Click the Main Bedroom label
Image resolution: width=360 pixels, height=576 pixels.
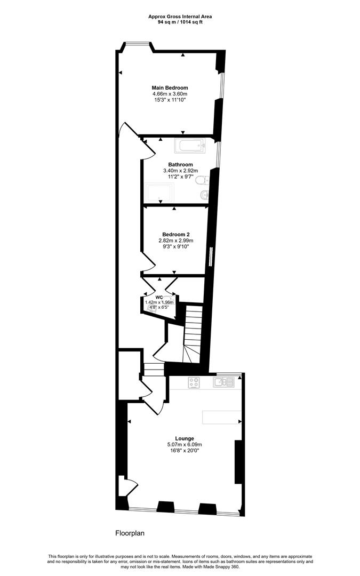click(170, 88)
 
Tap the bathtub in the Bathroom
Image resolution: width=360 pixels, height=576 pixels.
click(190, 146)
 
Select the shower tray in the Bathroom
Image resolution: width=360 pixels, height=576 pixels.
click(160, 193)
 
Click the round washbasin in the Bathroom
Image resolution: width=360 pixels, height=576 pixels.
click(205, 195)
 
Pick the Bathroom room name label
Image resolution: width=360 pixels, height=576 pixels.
click(180, 165)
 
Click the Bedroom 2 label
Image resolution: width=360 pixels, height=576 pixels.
click(176, 234)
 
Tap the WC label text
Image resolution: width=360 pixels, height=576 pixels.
click(159, 297)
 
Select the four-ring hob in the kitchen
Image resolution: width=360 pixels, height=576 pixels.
click(194, 382)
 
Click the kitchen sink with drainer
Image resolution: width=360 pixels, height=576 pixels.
click(223, 382)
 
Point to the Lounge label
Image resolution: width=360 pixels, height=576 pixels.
click(185, 438)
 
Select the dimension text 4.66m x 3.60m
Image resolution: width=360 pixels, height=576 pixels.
click(170, 94)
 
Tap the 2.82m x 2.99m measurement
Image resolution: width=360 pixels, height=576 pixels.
click(176, 240)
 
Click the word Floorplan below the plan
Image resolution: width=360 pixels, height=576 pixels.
click(130, 533)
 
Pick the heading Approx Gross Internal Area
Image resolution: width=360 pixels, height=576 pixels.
click(180, 17)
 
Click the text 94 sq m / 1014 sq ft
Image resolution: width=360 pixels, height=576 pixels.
click(180, 22)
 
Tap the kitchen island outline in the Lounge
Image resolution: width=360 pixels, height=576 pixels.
click(222, 417)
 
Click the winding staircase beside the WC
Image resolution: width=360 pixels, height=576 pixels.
click(193, 334)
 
